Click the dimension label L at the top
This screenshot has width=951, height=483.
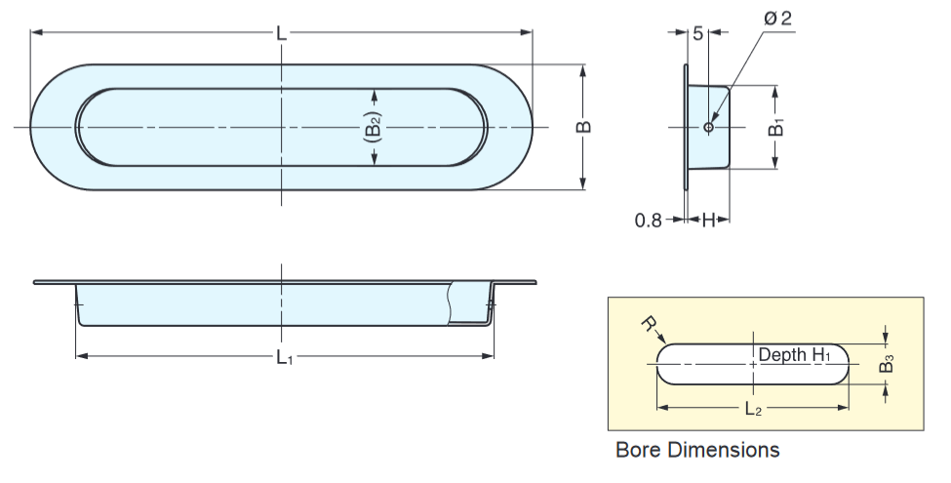[281, 33]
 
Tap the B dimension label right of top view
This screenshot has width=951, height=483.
[584, 127]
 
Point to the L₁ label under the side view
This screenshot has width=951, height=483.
[283, 358]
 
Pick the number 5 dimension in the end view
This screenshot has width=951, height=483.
[698, 33]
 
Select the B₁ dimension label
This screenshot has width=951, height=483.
[776, 127]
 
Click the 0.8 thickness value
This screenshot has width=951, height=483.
[648, 221]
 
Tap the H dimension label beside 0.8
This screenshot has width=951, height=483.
[708, 221]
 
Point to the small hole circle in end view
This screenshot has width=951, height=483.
[708, 128]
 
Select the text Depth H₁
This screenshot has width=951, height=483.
[794, 355]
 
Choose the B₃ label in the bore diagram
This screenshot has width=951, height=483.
[887, 364]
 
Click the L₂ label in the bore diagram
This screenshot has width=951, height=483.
[752, 410]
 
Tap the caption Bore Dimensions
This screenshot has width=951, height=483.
[697, 450]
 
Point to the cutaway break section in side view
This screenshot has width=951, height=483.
[465, 301]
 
